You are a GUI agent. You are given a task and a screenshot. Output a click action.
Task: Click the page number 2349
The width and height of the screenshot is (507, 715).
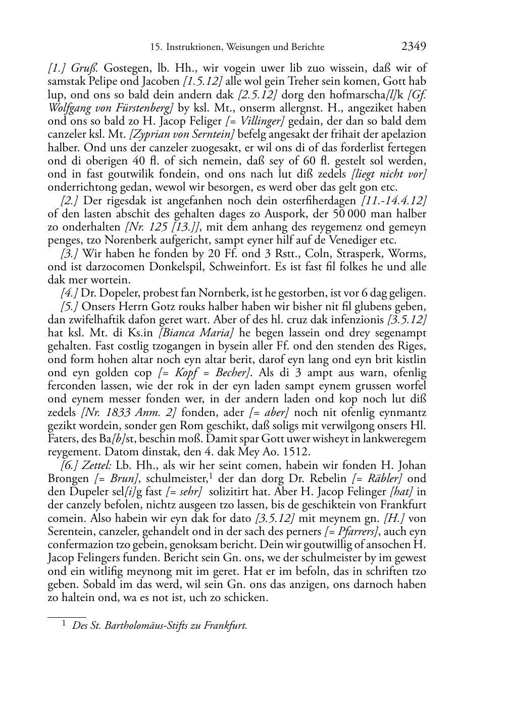414,47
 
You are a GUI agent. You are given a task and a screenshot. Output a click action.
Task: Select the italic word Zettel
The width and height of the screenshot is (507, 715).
94,465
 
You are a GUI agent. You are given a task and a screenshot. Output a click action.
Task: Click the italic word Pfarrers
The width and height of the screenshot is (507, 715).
362,531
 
